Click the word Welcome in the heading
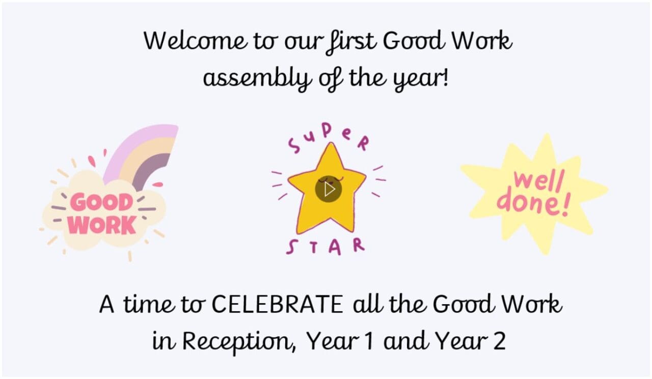pos(195,40)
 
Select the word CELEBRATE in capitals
pos(277,304)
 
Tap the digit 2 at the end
pos(500,341)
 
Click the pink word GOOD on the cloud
pos(101,202)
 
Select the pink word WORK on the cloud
pos(102,225)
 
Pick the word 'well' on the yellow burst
pos(539,182)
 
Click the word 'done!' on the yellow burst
pos(533,203)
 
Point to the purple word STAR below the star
pos(325,247)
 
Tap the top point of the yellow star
pos(331,143)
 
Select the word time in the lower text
pos(149,304)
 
